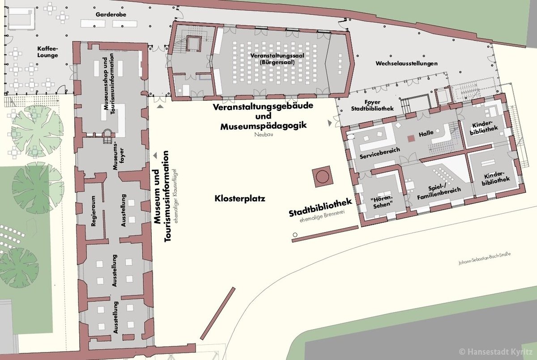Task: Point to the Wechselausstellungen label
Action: click(406, 64)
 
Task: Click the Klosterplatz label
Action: click(240, 199)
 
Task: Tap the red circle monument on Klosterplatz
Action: click(322, 176)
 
